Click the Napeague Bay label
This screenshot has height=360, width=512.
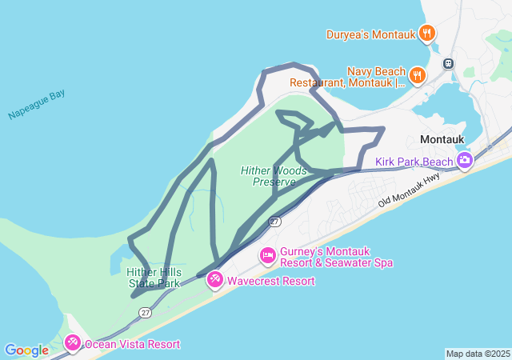[36, 106]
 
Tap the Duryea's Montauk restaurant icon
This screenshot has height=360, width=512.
[428, 34]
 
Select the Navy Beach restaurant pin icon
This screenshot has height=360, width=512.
[417, 75]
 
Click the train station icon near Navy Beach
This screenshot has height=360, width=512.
[449, 63]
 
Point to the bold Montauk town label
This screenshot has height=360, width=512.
[442, 139]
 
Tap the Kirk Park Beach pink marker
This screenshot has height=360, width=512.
[465, 162]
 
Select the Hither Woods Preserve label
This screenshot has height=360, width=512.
[274, 176]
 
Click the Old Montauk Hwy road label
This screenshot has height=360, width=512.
[410, 194]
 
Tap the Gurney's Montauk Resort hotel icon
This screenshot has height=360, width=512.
[268, 256]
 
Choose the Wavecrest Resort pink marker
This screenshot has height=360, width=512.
[215, 280]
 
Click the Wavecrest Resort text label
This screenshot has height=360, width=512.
[270, 281]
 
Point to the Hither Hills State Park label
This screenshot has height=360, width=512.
[154, 278]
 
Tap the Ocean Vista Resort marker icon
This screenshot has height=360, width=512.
[73, 343]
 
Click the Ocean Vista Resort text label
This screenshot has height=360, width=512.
[132, 344]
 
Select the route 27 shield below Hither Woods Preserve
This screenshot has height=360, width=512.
[274, 221]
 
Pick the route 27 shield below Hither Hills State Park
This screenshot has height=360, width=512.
[145, 313]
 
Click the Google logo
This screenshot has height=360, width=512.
[26, 350]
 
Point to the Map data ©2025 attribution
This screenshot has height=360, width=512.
[478, 354]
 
